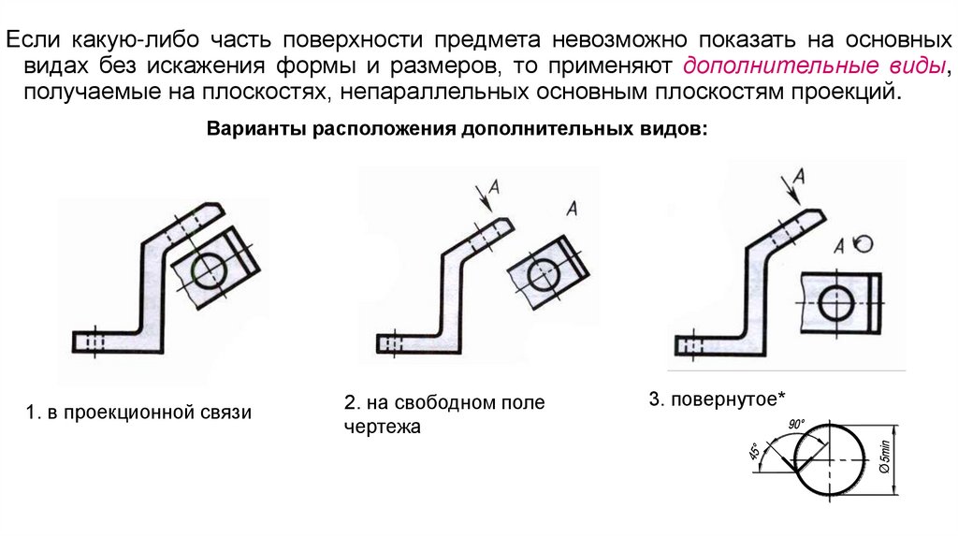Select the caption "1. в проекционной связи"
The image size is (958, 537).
(138, 413)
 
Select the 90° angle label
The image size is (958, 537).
(797, 424)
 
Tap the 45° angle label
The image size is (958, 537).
(754, 454)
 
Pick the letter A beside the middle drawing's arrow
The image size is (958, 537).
(494, 187)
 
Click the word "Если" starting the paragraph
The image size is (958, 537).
(34, 41)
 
